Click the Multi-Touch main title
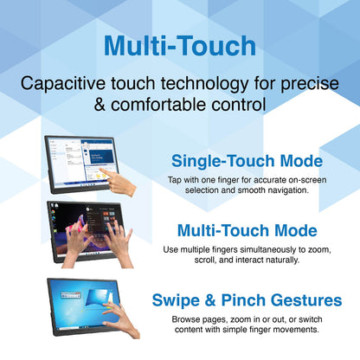pyautogui.click(x=179, y=46)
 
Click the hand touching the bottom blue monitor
pyautogui.click(x=121, y=316)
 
